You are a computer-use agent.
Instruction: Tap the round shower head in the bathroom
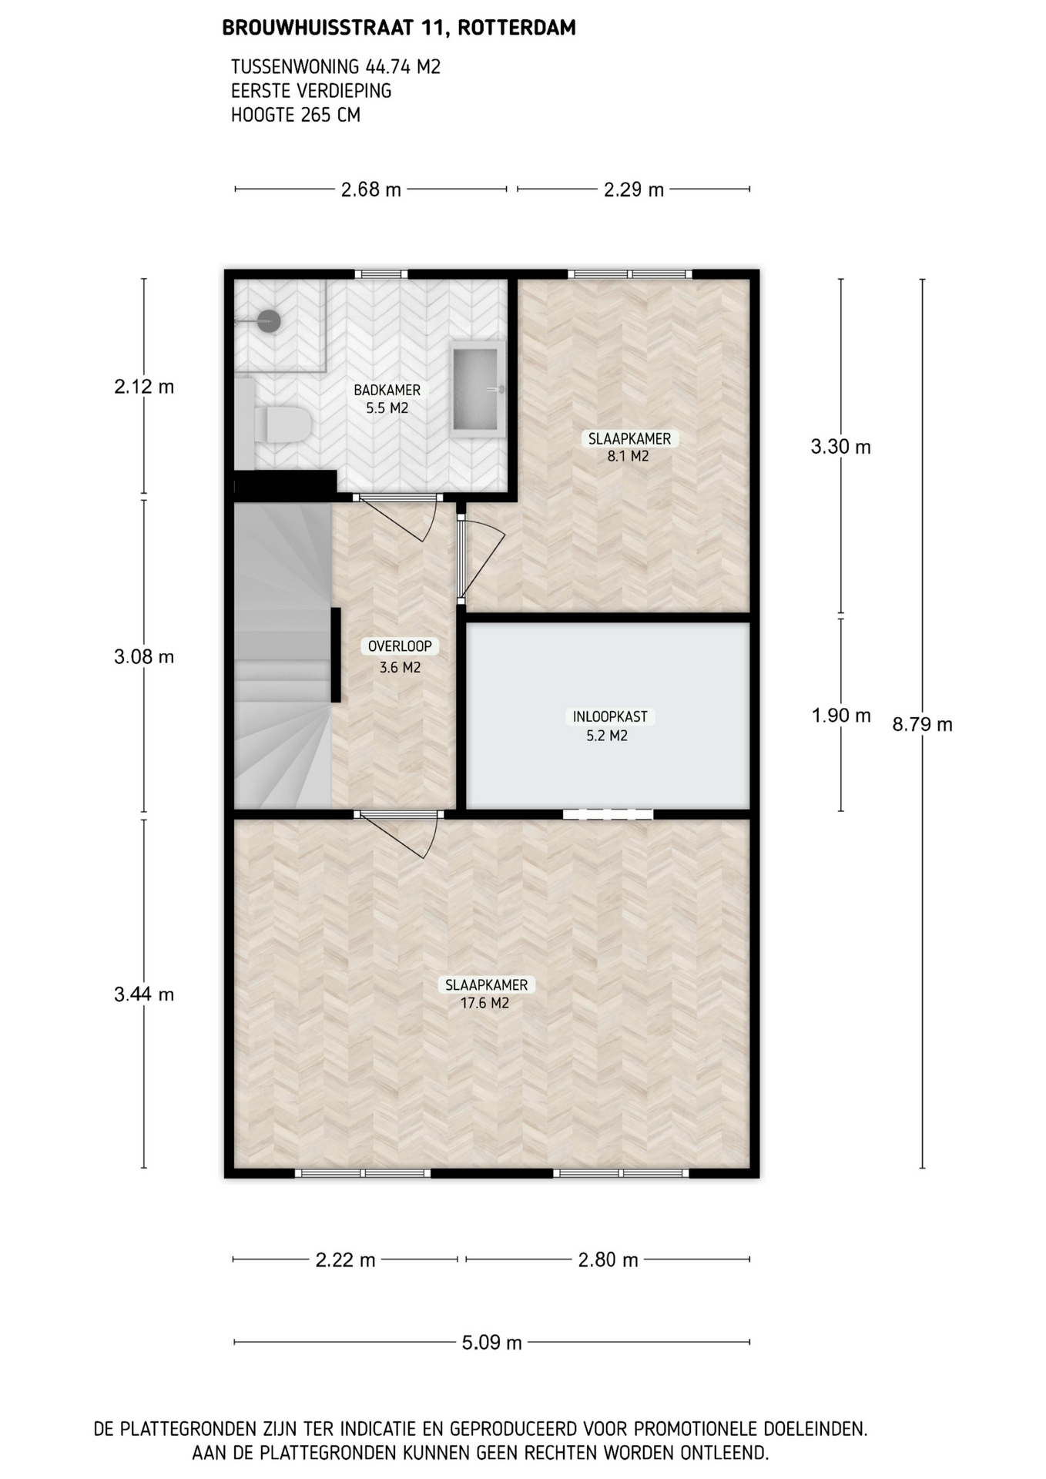tap(268, 320)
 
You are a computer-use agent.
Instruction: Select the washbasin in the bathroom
tap(477, 389)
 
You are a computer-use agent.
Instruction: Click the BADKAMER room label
tap(387, 391)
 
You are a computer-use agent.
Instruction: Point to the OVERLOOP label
tap(400, 646)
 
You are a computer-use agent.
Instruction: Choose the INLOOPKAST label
tap(610, 716)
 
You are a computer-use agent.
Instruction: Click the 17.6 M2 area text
tap(485, 1003)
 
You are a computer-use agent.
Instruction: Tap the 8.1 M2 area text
tap(629, 456)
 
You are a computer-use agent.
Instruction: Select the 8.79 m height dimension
tap(923, 724)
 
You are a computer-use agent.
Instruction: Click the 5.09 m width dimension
tap(492, 1343)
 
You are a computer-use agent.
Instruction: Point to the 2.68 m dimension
tap(371, 189)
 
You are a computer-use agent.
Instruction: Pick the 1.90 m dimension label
tap(841, 716)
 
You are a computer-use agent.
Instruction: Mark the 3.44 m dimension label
tap(144, 994)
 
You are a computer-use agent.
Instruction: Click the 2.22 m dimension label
tap(346, 1260)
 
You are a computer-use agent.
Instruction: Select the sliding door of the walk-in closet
tap(608, 814)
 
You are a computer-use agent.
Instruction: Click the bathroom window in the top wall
tap(381, 273)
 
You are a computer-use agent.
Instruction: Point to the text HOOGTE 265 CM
tap(296, 116)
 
